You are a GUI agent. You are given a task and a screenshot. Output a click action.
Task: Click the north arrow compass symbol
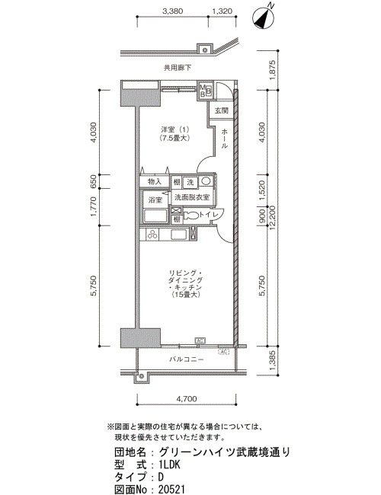tap(264, 18)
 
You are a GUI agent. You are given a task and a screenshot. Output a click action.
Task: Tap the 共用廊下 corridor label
tap(178, 68)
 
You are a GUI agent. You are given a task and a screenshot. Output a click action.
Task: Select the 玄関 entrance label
tap(222, 111)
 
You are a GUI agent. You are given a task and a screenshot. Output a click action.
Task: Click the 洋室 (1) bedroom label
tap(174, 129)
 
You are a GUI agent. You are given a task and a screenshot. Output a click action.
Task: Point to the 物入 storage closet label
tap(155, 181)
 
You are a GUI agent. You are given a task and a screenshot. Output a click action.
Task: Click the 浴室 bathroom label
tap(155, 200)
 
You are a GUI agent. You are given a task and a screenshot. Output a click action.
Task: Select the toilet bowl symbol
tap(190, 216)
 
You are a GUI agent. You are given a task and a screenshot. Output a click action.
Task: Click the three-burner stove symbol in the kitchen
tap(152, 235)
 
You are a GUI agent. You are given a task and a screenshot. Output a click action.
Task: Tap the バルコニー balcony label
tap(187, 359)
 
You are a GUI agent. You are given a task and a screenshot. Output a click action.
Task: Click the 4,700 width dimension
tap(187, 399)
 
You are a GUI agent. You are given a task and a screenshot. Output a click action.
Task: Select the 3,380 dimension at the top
tap(172, 11)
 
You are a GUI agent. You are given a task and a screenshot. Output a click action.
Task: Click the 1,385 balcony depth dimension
tap(272, 360)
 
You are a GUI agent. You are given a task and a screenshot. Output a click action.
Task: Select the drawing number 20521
tap(171, 489)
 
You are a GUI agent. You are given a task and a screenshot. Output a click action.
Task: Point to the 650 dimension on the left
tap(94, 181)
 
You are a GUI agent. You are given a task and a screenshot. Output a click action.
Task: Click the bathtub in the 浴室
tap(155, 216)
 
